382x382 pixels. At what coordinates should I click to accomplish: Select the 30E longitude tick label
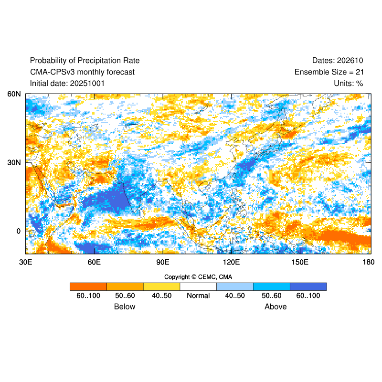pyautogui.click(x=25, y=262)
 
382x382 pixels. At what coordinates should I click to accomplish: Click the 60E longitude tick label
pyautogui.click(x=94, y=262)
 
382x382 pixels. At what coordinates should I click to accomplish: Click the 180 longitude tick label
pyautogui.click(x=368, y=262)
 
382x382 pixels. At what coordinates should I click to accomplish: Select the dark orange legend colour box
pyautogui.click(x=88, y=286)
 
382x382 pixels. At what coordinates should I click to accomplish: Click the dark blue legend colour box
pyautogui.click(x=308, y=286)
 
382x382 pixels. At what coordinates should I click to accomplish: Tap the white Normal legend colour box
pyautogui.click(x=198, y=286)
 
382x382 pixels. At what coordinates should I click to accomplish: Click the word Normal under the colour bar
pyautogui.click(x=198, y=296)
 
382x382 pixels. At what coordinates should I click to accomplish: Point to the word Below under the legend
pyautogui.click(x=125, y=307)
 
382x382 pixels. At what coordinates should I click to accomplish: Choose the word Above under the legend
pyautogui.click(x=276, y=307)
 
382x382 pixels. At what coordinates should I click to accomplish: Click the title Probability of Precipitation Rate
pyautogui.click(x=85, y=61)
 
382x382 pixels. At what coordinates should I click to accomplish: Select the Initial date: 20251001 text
pyautogui.click(x=67, y=84)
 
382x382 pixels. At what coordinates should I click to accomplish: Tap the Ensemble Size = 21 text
pyautogui.click(x=329, y=72)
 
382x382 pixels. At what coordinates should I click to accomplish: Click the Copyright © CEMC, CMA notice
pyautogui.click(x=198, y=277)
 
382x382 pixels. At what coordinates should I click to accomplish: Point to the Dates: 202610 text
pyautogui.click(x=338, y=61)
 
